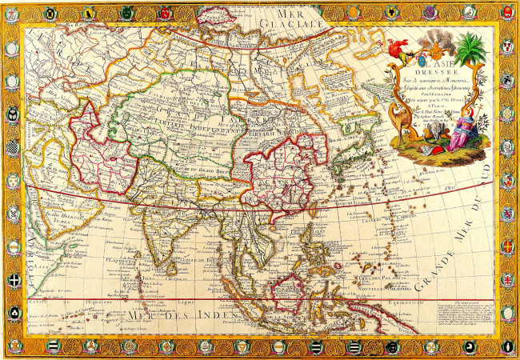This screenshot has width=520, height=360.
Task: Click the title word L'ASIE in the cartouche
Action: click(x=436, y=67)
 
